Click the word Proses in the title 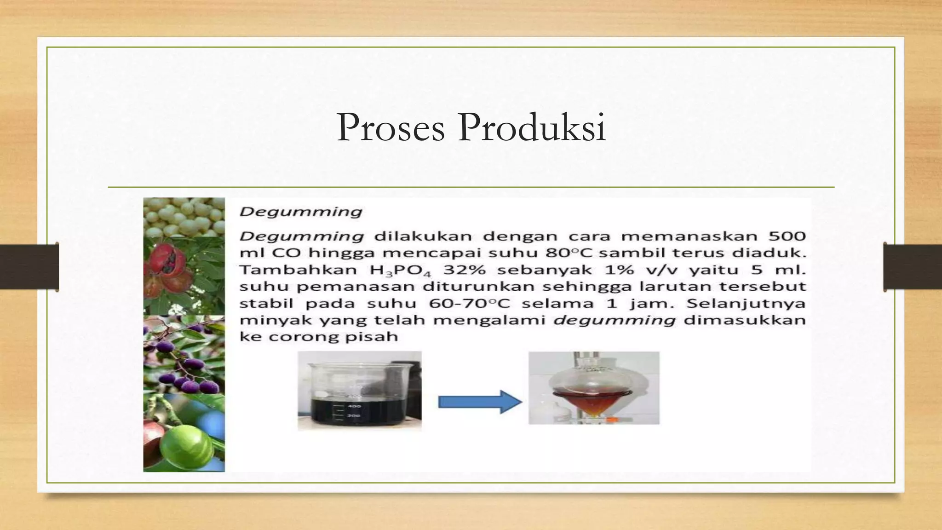tap(391, 128)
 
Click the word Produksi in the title tap(532, 127)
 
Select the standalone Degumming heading tap(301, 213)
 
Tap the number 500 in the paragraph tap(787, 236)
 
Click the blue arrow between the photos tap(480, 402)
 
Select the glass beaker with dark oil tap(359, 392)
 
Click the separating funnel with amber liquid tap(593, 389)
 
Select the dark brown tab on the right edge tap(913, 267)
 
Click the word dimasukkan tap(745, 320)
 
